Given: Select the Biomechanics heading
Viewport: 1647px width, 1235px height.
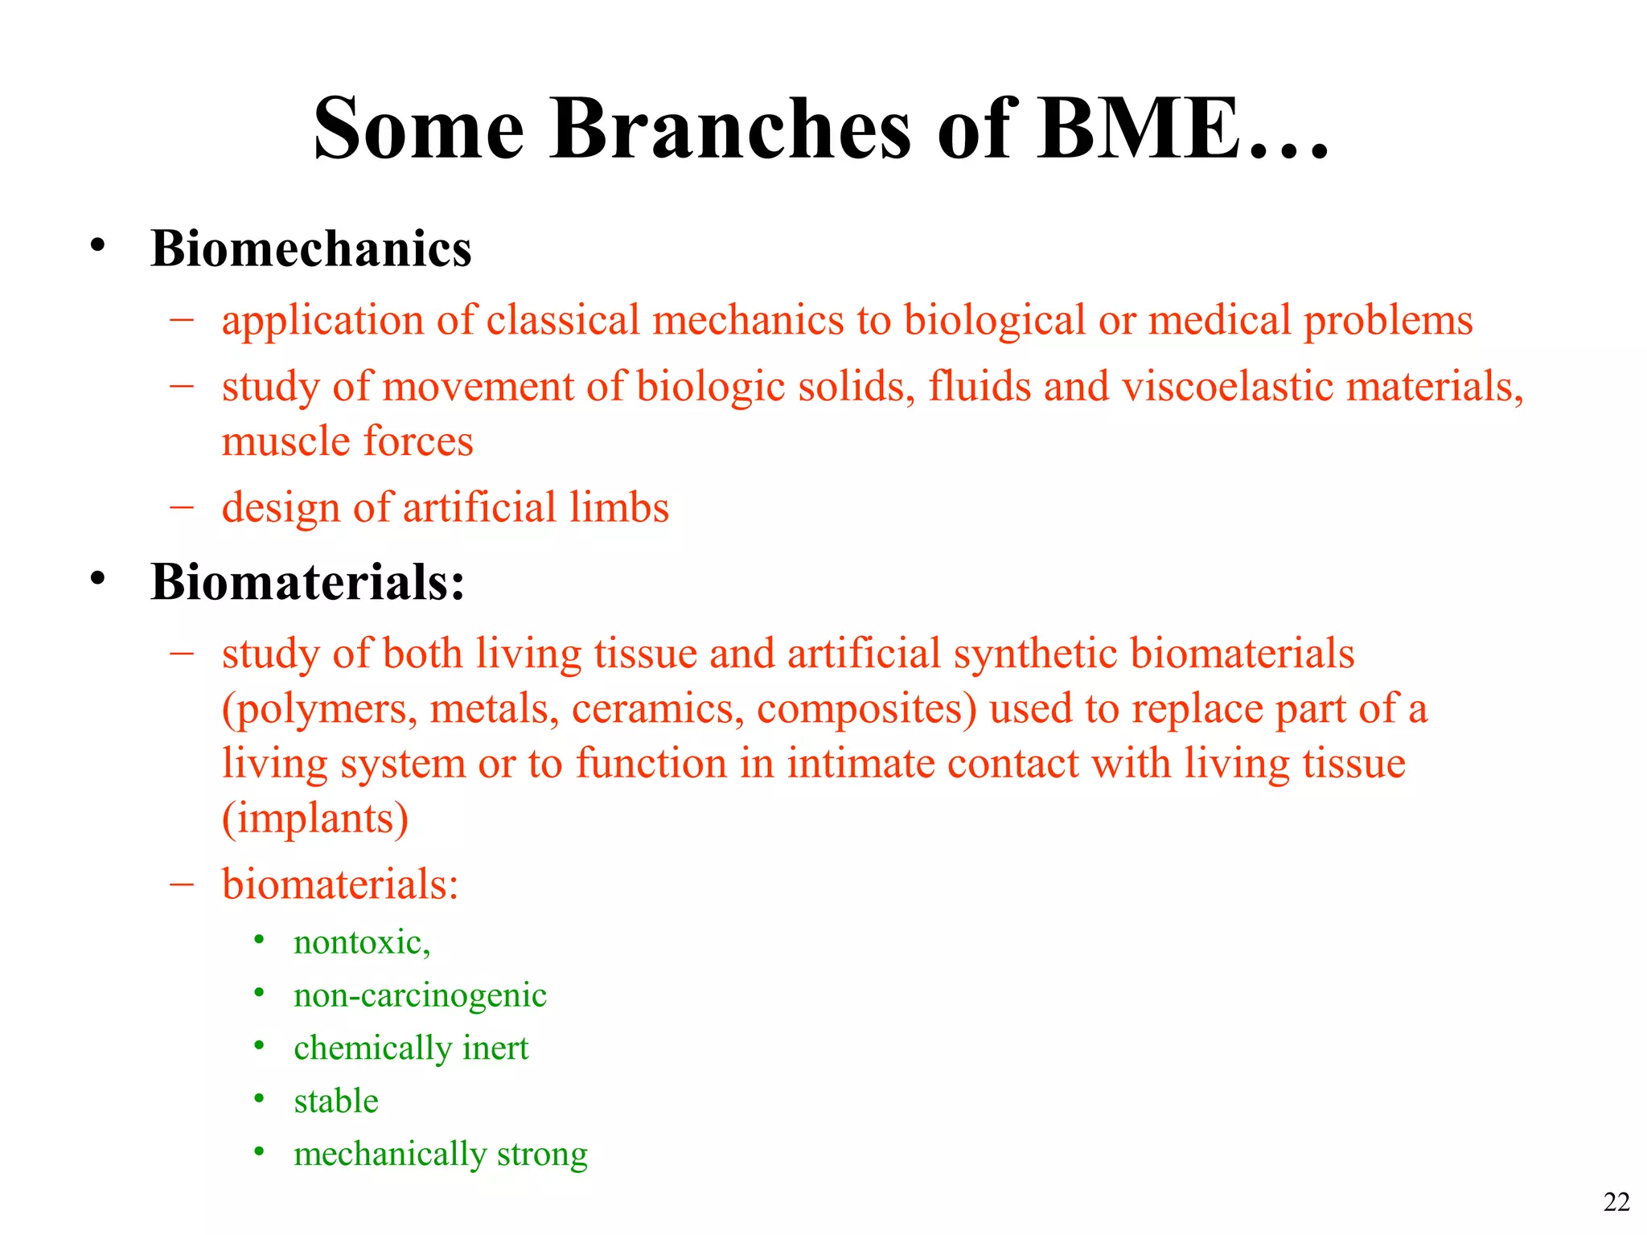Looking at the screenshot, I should click(310, 248).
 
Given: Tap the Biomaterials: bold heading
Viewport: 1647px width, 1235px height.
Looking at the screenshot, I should click(307, 581).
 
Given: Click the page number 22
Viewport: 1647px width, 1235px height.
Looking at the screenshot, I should click(1616, 1201).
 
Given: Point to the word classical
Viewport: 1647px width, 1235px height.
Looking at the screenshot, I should click(563, 320).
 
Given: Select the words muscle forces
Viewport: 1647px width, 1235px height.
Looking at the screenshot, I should click(347, 441).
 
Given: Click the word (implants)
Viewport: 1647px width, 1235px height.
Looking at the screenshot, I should click(315, 819).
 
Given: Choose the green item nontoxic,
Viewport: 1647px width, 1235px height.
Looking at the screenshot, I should click(362, 942).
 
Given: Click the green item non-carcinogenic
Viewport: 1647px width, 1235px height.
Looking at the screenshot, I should click(420, 995).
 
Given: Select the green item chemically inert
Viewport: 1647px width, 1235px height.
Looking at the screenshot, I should click(411, 1048).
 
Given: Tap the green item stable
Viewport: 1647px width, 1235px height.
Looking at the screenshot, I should click(336, 1101).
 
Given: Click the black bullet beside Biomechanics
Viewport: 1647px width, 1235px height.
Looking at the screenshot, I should click(98, 245).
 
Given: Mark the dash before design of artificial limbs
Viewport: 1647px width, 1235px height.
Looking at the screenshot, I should click(183, 507).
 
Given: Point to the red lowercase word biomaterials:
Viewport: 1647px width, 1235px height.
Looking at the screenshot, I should click(340, 884).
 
